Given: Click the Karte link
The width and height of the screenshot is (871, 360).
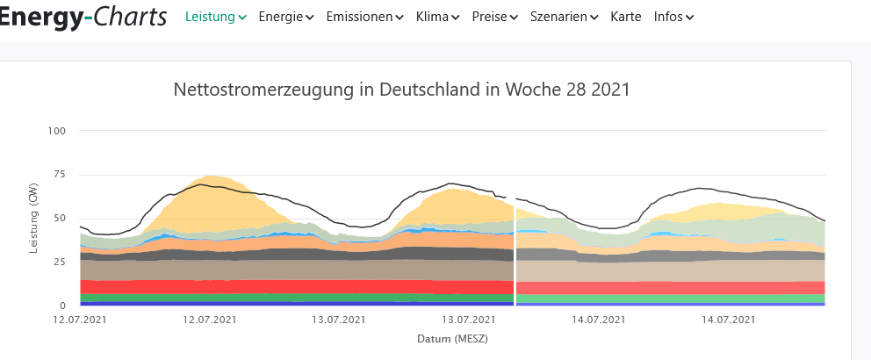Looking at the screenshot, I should (626, 17).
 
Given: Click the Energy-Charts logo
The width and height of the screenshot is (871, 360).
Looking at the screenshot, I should (83, 16).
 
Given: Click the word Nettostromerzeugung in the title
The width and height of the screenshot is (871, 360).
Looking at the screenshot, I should (260, 90).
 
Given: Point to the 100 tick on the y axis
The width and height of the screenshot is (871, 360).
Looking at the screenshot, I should (58, 131).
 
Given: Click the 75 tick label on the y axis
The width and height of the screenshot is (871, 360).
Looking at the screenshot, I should (61, 175).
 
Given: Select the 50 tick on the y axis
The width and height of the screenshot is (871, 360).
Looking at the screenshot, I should (61, 219).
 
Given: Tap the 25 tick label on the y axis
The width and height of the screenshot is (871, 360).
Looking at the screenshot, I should (61, 262).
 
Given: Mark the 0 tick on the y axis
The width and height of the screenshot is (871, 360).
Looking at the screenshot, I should (63, 306).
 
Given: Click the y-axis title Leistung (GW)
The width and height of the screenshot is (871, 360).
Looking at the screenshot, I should (33, 219).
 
